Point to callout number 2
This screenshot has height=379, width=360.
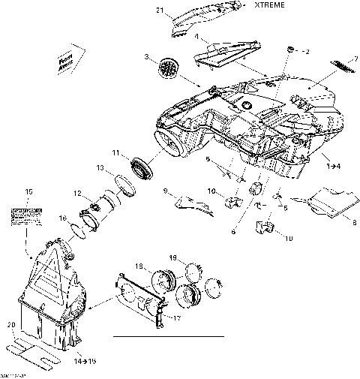[305, 51]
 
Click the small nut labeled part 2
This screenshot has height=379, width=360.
[289, 50]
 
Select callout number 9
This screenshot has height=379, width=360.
[165, 191]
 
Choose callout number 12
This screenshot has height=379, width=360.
[77, 194]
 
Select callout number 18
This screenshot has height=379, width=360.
[139, 266]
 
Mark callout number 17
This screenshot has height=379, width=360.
[178, 317]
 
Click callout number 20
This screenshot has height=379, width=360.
[10, 325]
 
